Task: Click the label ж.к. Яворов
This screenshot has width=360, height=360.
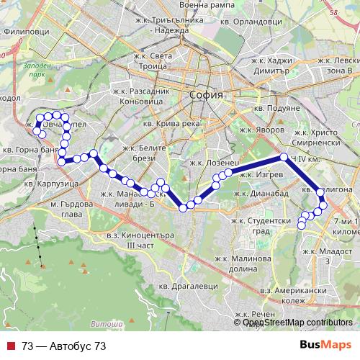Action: pyautogui.click(x=256, y=132)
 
